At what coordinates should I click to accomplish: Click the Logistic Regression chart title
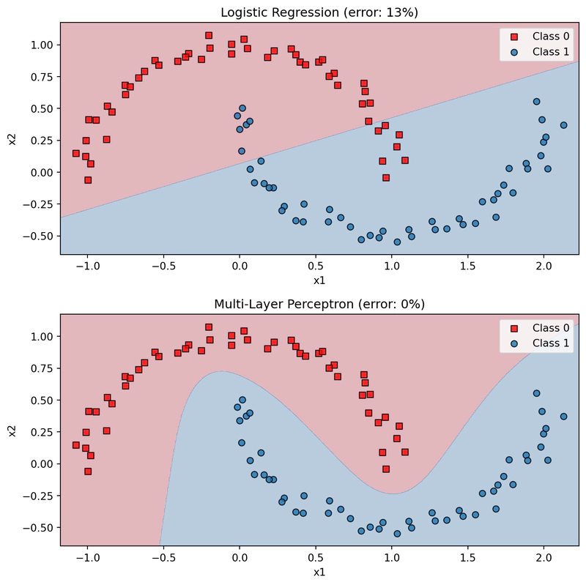pos(319,12)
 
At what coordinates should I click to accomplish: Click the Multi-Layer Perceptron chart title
pos(319,304)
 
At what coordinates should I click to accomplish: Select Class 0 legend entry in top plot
pos(540,36)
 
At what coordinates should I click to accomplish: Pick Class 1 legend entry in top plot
pos(540,51)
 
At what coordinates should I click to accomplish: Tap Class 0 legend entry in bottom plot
pos(540,328)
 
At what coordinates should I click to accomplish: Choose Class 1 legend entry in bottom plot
pos(540,343)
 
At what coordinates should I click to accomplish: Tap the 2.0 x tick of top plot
pos(544,266)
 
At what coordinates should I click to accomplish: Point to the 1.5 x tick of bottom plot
pos(467,558)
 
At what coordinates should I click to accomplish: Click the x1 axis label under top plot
pos(319,280)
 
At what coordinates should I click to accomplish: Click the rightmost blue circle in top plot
pos(563,125)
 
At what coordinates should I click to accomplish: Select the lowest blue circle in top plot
pos(397,242)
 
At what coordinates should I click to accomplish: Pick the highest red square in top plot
pos(209,35)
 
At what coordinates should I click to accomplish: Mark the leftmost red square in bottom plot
pos(76,445)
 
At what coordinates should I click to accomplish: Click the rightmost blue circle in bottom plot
pos(563,417)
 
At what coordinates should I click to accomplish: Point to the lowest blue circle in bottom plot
pos(397,534)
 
